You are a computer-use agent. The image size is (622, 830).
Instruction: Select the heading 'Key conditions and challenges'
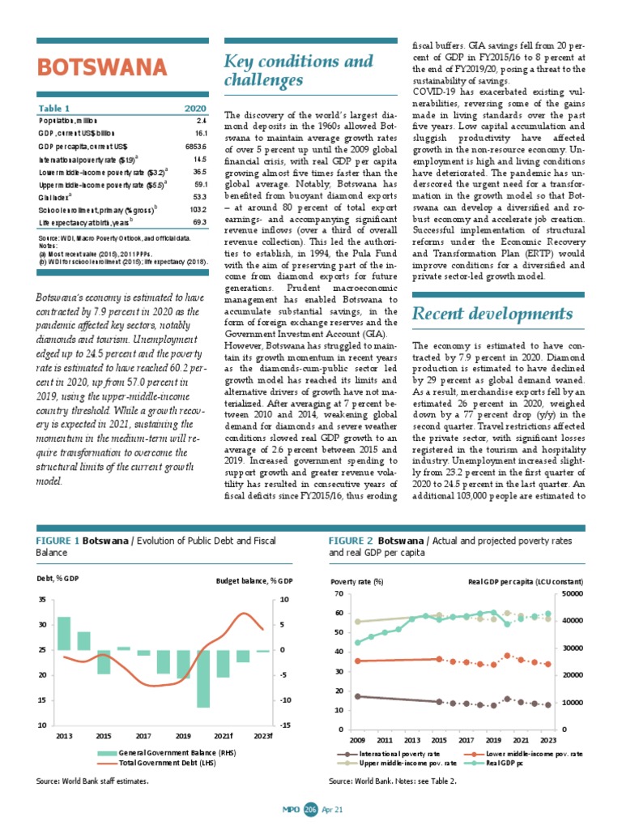(297, 71)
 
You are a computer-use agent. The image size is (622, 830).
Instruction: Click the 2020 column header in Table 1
(195, 108)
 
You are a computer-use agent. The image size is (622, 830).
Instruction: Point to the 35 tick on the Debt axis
(41, 600)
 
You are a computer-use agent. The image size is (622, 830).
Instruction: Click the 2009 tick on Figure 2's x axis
(358, 740)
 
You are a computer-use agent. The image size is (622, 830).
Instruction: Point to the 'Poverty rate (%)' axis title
(357, 581)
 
